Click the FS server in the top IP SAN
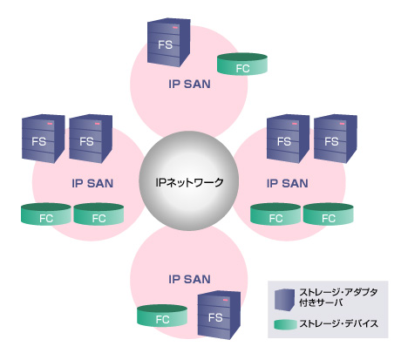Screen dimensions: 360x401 click(x=165, y=41)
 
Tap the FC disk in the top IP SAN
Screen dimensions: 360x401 click(x=241, y=65)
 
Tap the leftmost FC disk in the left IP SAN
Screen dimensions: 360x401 click(x=44, y=214)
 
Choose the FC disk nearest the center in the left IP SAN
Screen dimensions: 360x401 click(x=97, y=214)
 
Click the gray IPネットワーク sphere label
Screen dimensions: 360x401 click(x=188, y=183)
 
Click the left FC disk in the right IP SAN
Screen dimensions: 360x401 click(x=274, y=214)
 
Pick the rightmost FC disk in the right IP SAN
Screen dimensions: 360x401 click(x=328, y=214)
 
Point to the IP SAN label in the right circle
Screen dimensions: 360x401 click(x=286, y=183)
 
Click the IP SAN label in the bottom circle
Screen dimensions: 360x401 click(x=189, y=279)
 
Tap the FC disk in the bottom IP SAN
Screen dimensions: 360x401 click(x=161, y=316)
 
